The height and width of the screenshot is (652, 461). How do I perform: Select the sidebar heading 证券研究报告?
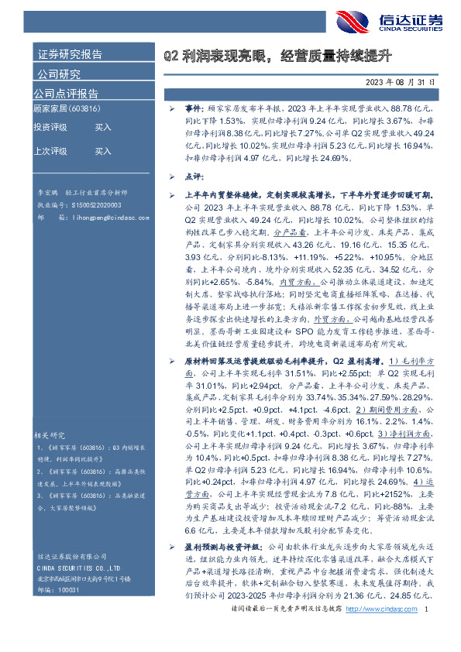(69, 56)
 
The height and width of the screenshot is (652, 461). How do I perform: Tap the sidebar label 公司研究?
(58, 74)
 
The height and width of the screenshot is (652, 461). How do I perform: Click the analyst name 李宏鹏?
(48, 189)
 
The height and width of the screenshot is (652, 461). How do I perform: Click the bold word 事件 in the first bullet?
(193, 112)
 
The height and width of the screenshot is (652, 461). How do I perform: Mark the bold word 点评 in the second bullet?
(193, 177)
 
